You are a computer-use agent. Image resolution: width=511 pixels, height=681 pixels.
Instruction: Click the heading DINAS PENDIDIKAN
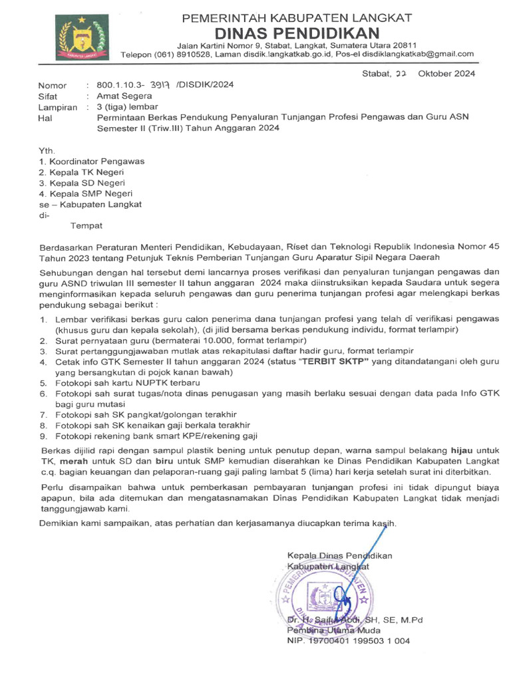297,33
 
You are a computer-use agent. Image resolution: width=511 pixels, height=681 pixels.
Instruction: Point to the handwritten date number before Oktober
401,74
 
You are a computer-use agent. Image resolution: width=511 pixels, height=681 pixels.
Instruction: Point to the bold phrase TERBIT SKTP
334,362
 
